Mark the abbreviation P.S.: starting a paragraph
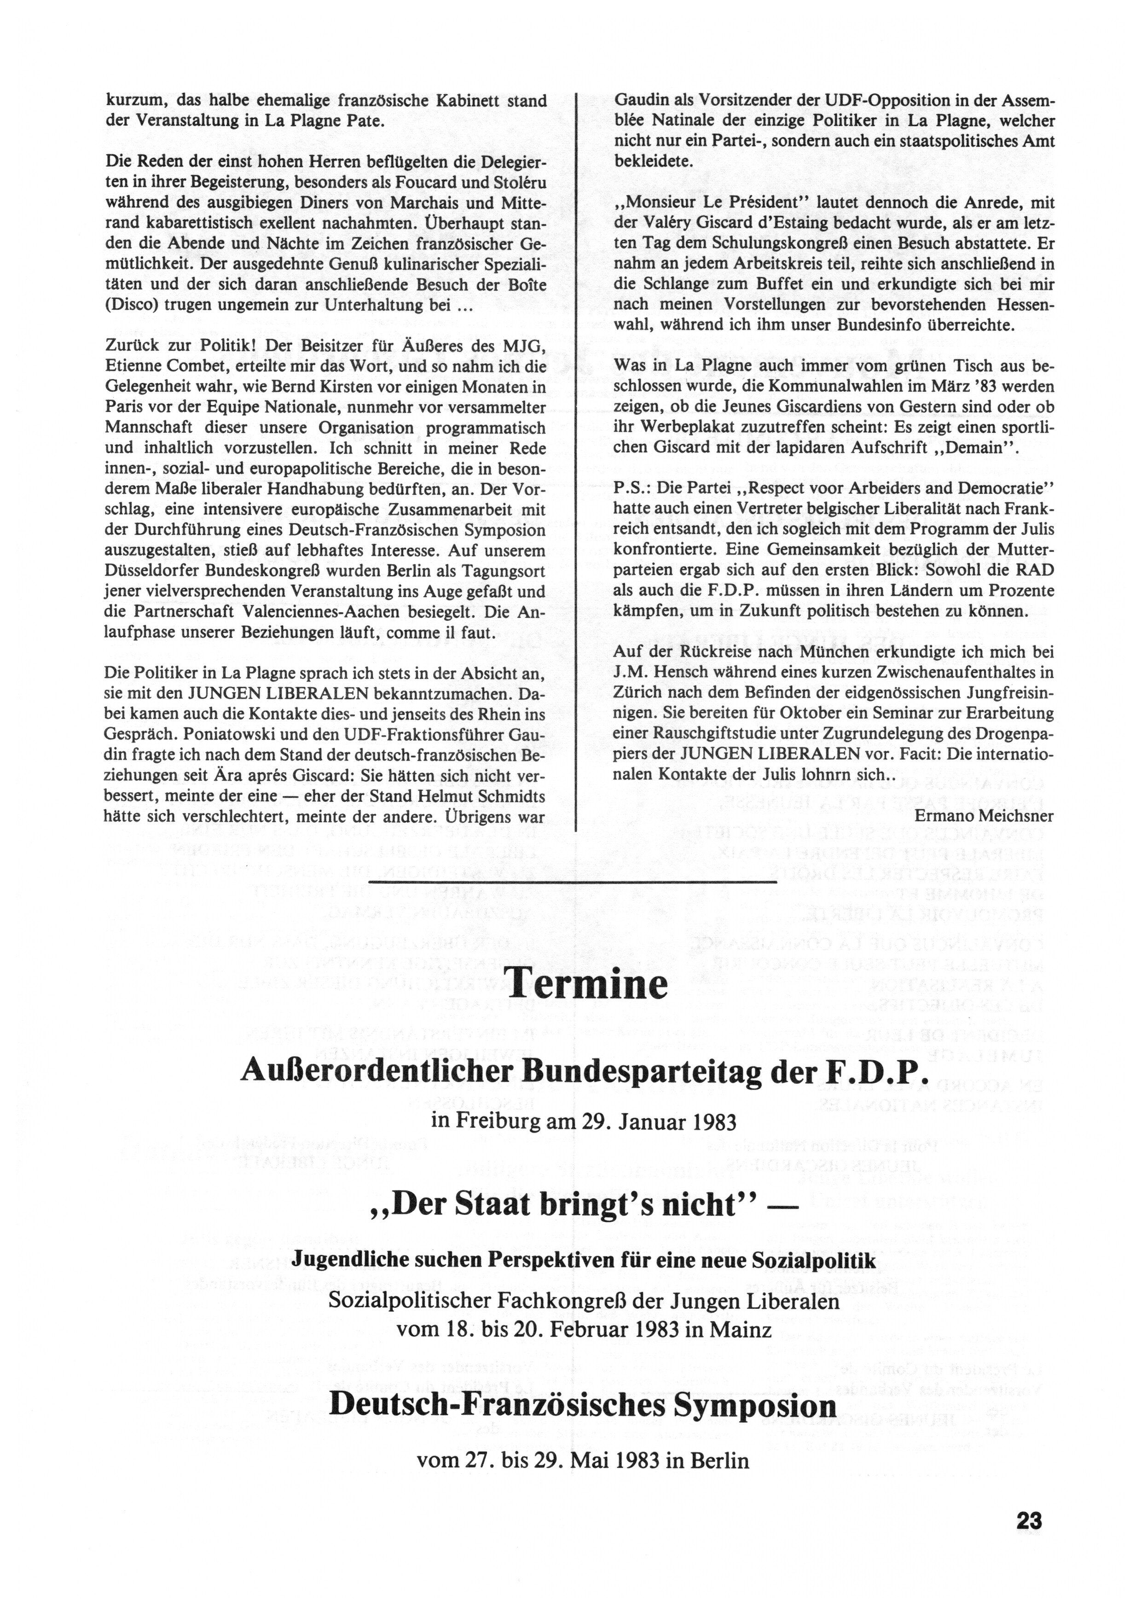(633, 488)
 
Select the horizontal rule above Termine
(572, 881)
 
